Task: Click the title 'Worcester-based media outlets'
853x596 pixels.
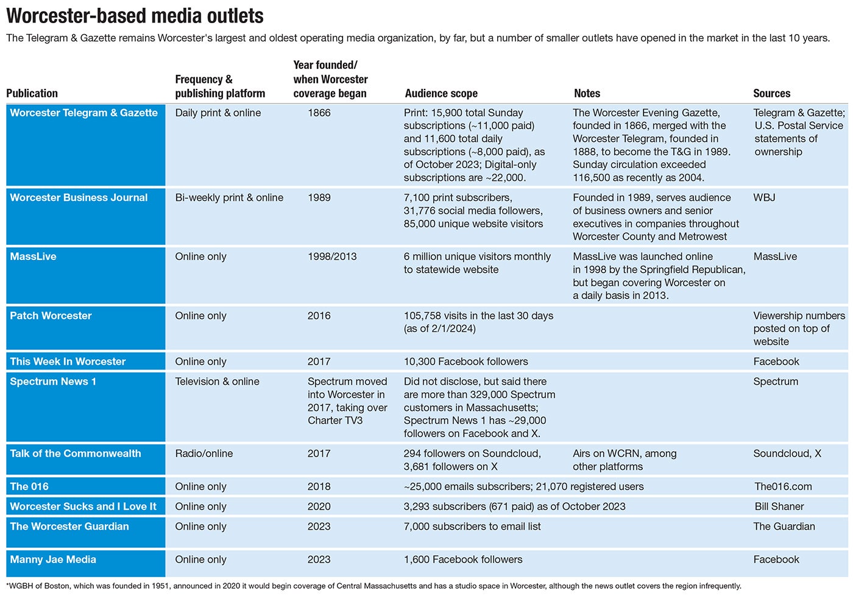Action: [x=135, y=15]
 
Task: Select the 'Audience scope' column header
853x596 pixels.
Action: [x=441, y=93]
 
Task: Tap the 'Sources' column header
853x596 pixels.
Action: [x=771, y=93]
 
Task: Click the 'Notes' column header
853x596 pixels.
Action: [x=587, y=93]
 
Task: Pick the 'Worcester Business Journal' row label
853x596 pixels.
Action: [x=79, y=197]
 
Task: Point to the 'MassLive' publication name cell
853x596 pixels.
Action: [x=33, y=256]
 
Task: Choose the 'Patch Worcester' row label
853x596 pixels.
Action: [x=51, y=315]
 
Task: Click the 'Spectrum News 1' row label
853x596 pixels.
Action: [x=53, y=381]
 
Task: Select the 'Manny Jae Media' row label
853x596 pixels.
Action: [x=53, y=559]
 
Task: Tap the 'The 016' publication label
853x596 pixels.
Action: [x=29, y=486]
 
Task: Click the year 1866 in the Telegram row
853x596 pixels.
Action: [x=319, y=113]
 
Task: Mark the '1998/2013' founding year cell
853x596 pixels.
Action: [x=332, y=256]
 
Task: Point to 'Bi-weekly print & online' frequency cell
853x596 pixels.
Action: [x=229, y=197]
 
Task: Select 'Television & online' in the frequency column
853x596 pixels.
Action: [x=217, y=381]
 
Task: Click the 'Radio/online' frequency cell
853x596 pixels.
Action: [x=204, y=453]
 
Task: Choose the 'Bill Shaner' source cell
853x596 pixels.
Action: [x=779, y=506]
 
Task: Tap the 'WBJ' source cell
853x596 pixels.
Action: [x=764, y=197]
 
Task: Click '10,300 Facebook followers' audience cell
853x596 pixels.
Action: [x=465, y=361]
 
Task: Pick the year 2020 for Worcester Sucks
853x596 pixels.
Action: [x=319, y=506]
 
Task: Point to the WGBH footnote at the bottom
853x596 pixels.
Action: [x=373, y=586]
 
